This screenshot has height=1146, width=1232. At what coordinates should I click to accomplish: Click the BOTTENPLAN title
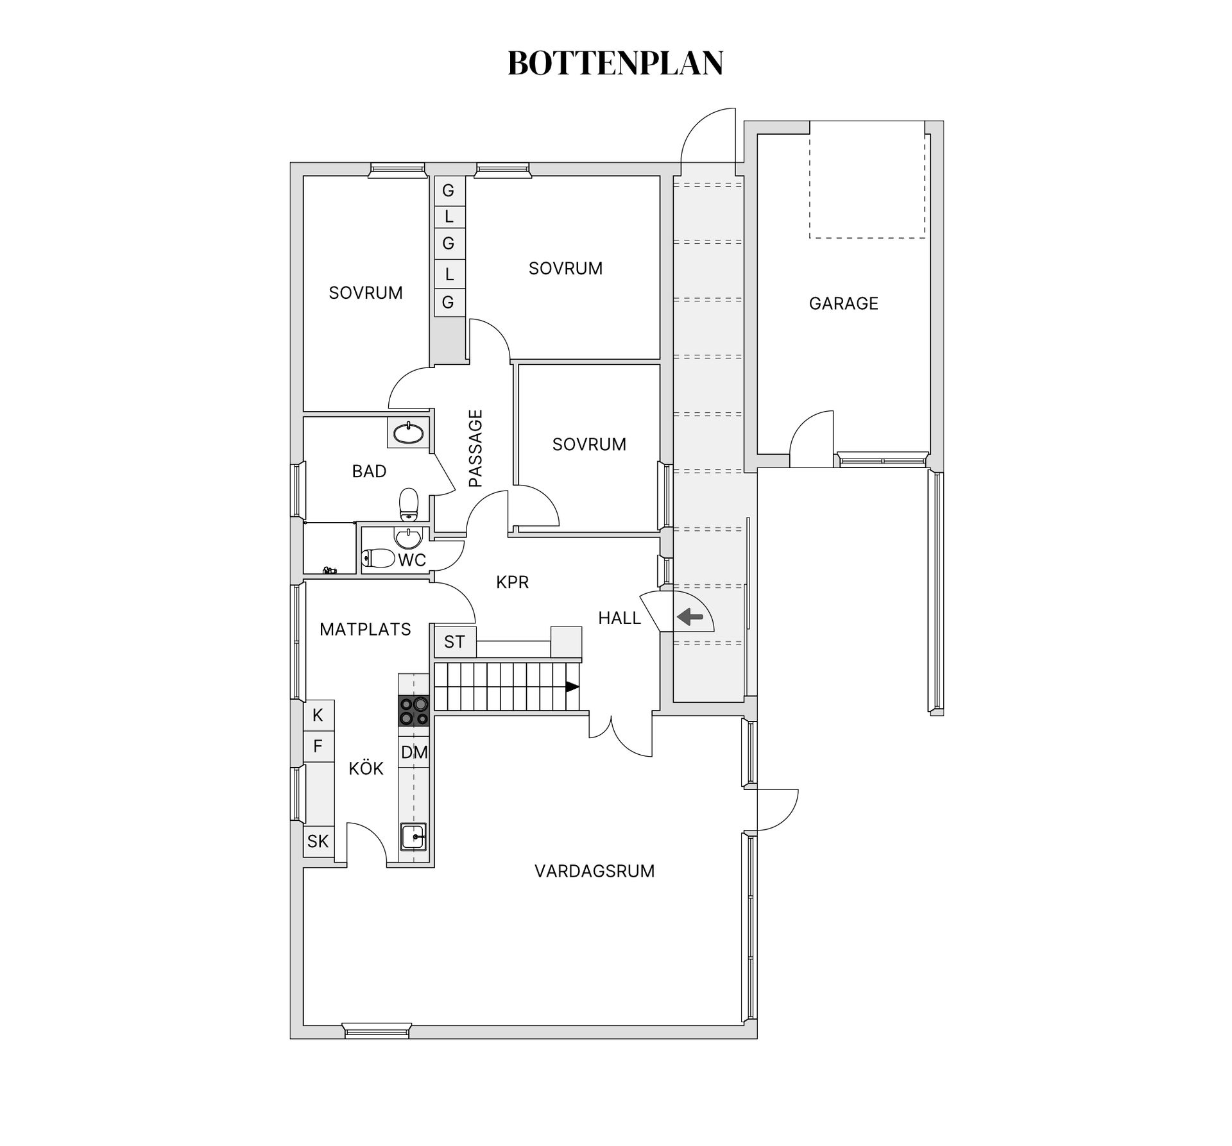[x=615, y=63]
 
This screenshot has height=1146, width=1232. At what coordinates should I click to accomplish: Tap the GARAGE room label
[x=843, y=303]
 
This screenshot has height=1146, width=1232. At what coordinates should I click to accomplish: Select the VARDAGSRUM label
[x=594, y=871]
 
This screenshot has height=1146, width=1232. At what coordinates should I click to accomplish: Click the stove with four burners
[x=414, y=711]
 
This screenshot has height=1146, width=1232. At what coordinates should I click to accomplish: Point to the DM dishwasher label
[x=414, y=752]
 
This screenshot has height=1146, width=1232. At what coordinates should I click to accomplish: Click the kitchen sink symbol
[x=414, y=836]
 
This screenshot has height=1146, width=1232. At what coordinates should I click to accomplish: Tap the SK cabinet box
[x=318, y=841]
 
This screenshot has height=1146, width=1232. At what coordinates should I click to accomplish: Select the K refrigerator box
[x=318, y=715]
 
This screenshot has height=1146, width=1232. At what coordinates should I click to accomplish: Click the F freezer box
[x=318, y=746]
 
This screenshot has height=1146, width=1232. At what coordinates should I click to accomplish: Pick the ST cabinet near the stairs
[x=454, y=641]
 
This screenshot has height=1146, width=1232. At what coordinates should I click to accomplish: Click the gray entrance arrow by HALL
[x=690, y=618]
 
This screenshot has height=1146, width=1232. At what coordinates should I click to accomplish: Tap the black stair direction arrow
[x=572, y=687]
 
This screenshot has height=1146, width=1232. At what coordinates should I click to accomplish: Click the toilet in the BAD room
[x=409, y=505]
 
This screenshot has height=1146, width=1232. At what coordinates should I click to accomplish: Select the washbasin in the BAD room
[x=409, y=434]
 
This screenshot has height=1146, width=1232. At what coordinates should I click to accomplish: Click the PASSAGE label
[x=475, y=448]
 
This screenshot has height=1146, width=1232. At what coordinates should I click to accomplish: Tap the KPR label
[x=512, y=582]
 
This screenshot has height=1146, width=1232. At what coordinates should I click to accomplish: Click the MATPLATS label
[x=365, y=630]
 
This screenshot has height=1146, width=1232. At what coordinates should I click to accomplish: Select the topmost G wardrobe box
[x=449, y=190]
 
